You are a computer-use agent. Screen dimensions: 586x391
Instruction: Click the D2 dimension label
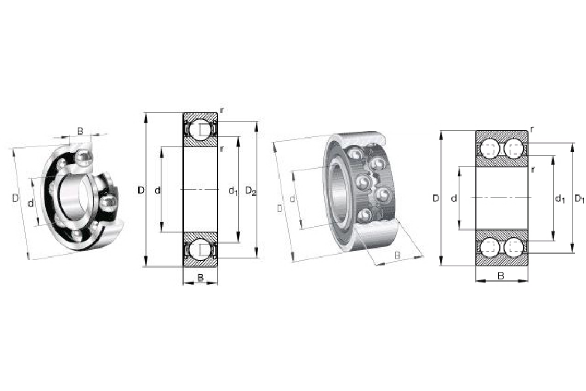point(251,191)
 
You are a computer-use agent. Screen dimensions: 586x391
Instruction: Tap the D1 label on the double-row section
point(579,199)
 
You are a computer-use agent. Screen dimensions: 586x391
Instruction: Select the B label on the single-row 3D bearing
point(80,131)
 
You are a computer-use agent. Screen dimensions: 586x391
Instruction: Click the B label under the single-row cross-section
point(200,278)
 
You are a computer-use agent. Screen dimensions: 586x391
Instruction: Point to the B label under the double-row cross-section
point(501,276)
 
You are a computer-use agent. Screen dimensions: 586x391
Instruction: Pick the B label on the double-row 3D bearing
point(397,256)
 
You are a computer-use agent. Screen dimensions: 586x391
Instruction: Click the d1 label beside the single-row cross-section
point(233,191)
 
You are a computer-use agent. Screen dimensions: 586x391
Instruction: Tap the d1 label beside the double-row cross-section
point(559,199)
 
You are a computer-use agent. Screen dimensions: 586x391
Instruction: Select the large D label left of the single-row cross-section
point(141,190)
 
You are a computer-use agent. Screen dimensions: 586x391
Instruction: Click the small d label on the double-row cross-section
point(454,198)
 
